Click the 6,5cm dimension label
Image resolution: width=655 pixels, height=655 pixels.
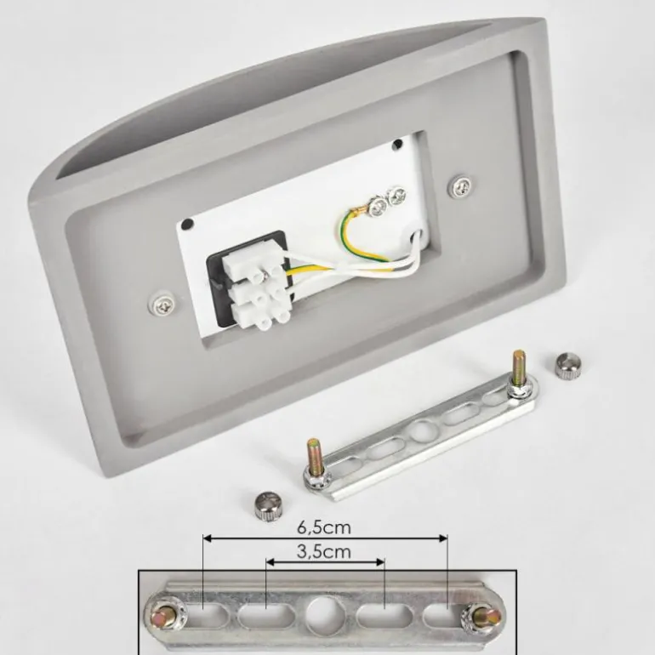point(324,527)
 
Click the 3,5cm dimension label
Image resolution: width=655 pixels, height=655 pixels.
point(324,552)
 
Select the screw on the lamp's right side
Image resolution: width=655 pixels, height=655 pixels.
point(461,185)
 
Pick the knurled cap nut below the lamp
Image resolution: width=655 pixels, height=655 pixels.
point(269,505)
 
